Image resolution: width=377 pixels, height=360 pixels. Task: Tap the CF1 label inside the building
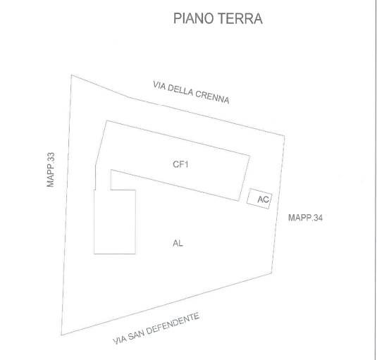180,164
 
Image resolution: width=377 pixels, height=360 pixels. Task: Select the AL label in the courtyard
178,244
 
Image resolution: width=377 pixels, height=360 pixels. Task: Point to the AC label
264,199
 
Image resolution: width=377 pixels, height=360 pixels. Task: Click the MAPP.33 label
51,170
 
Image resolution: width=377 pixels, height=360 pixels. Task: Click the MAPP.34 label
305,218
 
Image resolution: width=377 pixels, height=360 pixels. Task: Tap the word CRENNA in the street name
212,97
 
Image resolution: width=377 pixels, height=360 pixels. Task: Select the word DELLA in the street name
180,90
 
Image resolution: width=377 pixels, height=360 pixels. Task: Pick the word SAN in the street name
135,335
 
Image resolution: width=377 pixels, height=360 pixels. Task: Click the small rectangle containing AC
259,199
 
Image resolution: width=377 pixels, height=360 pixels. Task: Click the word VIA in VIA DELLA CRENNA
159,85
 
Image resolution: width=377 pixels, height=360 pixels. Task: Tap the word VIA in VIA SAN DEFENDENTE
120,340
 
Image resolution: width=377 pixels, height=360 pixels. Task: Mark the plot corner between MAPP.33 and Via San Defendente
61,335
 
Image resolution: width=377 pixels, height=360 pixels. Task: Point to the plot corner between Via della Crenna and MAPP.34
285,136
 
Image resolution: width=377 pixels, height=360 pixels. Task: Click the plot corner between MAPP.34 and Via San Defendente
272,273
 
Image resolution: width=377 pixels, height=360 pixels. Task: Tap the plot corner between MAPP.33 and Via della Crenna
71,75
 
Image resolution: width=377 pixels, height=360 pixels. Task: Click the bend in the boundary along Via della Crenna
128,97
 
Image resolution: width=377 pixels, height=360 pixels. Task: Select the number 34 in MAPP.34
318,218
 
